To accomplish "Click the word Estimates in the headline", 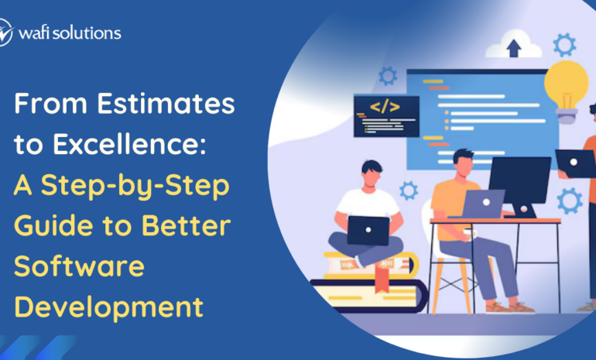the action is [x=166, y=104].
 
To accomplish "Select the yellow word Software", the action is [x=80, y=266].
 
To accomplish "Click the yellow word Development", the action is [x=109, y=308].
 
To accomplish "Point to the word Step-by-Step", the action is [x=135, y=187].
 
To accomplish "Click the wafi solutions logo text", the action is [x=70, y=33].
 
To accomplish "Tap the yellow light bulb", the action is [x=566, y=91].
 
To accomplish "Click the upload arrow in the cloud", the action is [x=514, y=48].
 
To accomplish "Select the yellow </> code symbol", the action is [x=385, y=107].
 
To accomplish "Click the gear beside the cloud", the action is [x=564, y=45].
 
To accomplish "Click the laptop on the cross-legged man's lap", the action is [x=368, y=231].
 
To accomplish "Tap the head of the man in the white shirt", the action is [x=372, y=173].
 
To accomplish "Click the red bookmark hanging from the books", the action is [x=382, y=279].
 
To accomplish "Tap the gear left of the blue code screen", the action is [x=388, y=76].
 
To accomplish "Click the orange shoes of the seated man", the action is [x=510, y=307].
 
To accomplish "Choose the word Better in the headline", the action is [x=187, y=226].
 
